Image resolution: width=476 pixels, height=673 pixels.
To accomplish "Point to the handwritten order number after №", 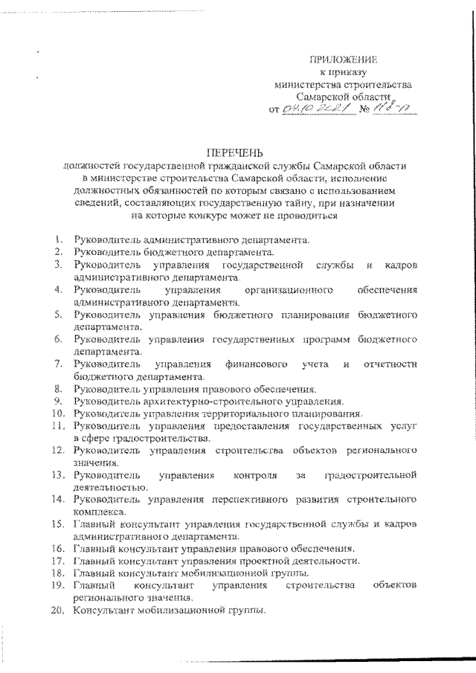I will point(399,109).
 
